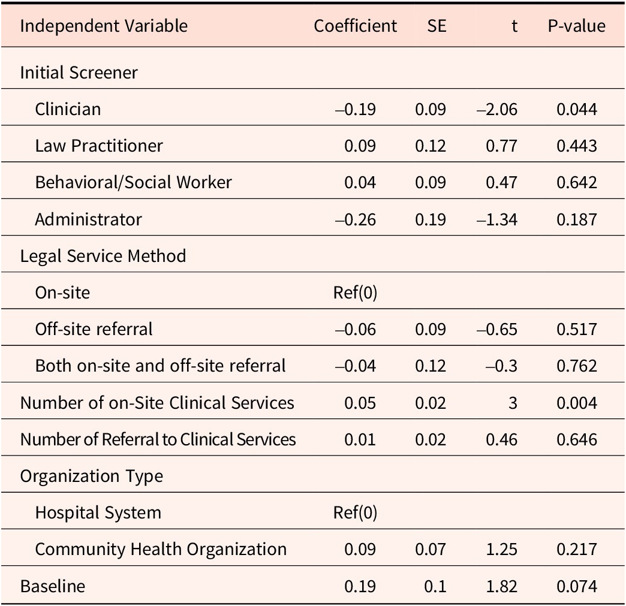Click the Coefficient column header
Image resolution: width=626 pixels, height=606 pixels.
(x=355, y=26)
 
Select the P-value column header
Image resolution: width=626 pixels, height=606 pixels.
(x=576, y=26)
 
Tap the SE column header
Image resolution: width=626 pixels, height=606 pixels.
(x=437, y=26)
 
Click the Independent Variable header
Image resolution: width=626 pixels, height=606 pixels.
(x=104, y=26)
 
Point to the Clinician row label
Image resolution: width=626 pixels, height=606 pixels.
(x=68, y=109)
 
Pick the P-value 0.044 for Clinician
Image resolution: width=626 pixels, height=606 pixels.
(x=576, y=109)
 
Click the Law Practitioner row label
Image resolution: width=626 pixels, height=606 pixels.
(x=99, y=146)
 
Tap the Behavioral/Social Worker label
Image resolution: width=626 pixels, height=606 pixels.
(x=133, y=182)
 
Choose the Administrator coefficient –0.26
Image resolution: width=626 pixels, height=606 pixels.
(x=356, y=219)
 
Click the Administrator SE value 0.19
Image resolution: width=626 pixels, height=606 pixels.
(x=431, y=219)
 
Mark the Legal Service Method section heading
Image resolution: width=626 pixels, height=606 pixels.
(x=103, y=256)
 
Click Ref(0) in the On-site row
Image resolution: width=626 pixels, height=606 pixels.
(x=355, y=293)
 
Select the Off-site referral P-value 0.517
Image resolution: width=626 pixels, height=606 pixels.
(x=576, y=329)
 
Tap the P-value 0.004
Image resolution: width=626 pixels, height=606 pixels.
(x=576, y=403)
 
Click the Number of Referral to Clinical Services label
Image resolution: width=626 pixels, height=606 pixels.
(x=158, y=439)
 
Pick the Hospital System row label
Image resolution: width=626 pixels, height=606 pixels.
(x=98, y=513)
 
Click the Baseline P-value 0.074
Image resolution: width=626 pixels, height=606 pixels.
(x=576, y=586)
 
